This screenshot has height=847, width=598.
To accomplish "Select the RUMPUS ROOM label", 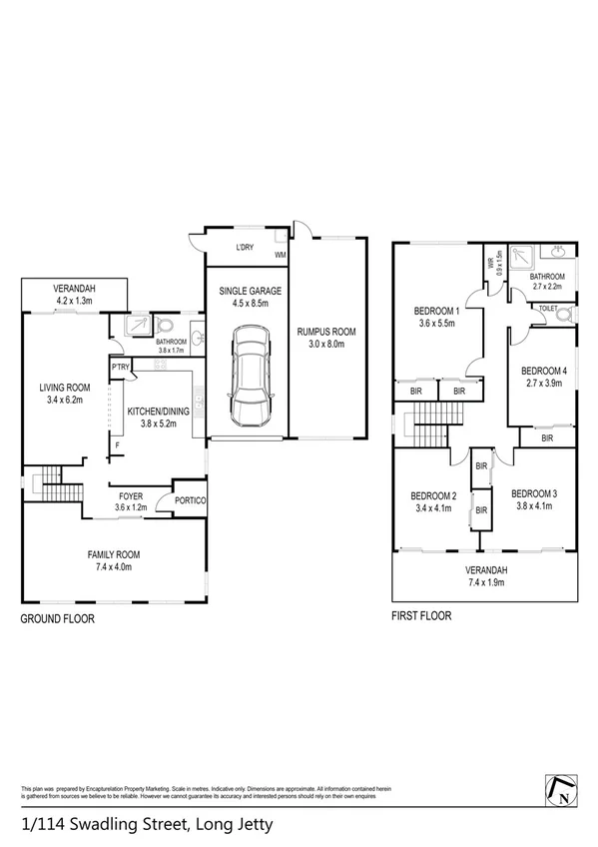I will (325, 332).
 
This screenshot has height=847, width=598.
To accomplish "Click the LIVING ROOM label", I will (65, 388).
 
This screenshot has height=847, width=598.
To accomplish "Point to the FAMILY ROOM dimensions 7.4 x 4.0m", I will (114, 567).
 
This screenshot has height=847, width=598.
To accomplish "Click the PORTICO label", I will (190, 500).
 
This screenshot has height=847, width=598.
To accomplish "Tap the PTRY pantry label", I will (121, 367).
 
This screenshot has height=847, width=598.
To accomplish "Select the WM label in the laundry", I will (281, 255).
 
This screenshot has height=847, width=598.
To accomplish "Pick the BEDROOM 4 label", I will (544, 371).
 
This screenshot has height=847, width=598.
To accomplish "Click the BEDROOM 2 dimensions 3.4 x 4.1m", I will (433, 507).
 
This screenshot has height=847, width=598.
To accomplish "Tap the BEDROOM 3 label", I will (533, 493).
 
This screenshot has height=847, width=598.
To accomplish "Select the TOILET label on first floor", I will (548, 310).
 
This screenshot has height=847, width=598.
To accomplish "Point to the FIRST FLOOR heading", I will (420, 616).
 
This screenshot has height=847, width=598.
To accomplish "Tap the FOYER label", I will (131, 494).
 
